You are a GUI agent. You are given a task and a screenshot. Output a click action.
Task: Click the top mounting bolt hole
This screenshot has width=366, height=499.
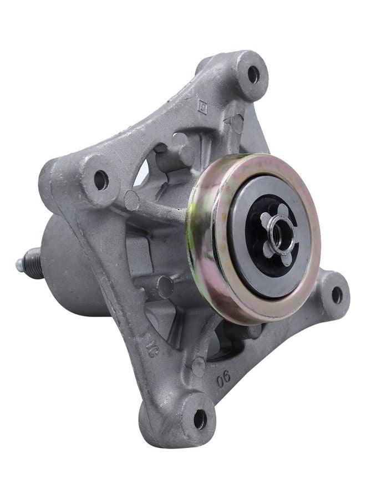[253, 73]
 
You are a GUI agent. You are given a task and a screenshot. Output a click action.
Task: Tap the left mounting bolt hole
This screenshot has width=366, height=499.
[100, 180]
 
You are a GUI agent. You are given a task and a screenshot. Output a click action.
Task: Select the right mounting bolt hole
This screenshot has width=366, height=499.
[337, 295]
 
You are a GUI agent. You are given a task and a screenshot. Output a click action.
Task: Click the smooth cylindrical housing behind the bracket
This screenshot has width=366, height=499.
[72, 266]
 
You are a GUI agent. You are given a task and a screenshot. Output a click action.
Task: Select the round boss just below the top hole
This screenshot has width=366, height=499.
[237, 123]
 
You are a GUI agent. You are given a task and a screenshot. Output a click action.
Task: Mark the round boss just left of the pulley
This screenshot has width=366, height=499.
[131, 201]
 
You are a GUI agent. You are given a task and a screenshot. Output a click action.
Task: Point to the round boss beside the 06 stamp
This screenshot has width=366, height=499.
[198, 366]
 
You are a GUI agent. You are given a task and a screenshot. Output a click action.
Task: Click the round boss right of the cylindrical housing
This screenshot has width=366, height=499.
[165, 287]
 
